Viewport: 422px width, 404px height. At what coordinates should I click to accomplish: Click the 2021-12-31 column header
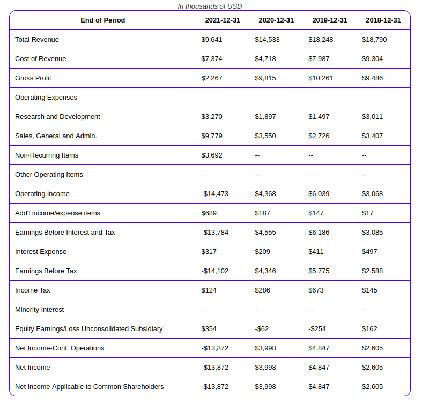pos(223,20)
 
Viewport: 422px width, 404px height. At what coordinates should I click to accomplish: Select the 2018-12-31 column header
pos(383,20)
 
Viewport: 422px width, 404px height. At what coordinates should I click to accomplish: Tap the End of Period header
pos(103,20)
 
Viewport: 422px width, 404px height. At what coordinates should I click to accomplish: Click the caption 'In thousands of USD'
pos(210,6)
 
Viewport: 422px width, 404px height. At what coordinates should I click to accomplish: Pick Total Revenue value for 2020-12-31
pos(267,40)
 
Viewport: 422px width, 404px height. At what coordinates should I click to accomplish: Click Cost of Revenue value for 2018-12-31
pos(372,59)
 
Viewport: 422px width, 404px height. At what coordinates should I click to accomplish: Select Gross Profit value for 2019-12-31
pos(321,78)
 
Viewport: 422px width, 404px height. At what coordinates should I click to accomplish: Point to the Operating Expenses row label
pos(46,98)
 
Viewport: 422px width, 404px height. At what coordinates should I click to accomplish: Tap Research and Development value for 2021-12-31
pos(212,117)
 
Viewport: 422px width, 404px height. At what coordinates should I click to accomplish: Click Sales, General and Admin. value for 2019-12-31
pos(319,136)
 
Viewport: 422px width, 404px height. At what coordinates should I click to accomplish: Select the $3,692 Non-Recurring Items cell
pos(212,155)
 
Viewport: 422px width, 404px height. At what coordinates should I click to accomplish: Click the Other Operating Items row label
pos(49,175)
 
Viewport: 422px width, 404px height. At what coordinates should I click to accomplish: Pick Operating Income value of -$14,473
pos(215,194)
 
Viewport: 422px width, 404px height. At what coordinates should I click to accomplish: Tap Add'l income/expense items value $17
pos(368,213)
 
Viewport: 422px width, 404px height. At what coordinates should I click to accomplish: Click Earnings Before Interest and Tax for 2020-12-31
pos(265,233)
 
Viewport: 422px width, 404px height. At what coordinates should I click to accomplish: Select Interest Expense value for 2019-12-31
pos(316,252)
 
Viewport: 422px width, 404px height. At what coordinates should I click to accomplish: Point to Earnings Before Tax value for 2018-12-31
pos(372,271)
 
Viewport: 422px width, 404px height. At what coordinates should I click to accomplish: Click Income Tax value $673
pos(316,290)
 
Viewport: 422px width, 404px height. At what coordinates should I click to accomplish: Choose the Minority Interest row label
pos(40,310)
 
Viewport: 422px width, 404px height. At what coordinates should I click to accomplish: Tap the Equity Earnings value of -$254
pos(317,329)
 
